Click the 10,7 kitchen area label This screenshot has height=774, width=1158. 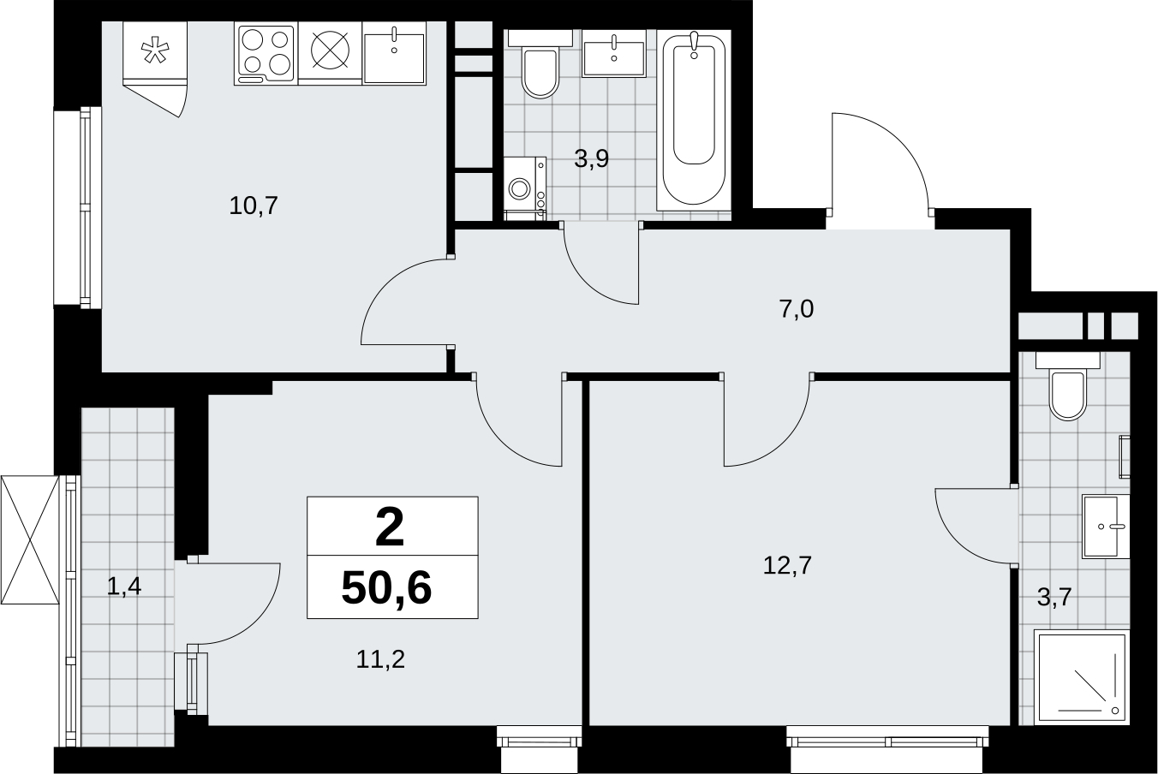[254, 205]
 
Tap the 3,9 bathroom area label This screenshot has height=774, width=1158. [591, 158]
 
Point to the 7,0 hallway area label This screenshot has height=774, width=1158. [797, 309]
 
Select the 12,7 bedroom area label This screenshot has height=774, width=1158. [787, 565]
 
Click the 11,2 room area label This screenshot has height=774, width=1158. [380, 659]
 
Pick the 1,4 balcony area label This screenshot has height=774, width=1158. [124, 586]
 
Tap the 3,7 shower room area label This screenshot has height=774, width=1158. [1054, 598]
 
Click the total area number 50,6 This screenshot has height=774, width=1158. [386, 588]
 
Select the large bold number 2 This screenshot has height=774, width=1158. [389, 527]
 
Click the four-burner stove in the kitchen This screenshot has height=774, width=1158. [266, 54]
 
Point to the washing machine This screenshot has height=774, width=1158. [525, 188]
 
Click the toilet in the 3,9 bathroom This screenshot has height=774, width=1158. [540, 64]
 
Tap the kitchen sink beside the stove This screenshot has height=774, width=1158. [394, 54]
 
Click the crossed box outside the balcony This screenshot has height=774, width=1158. [30, 539]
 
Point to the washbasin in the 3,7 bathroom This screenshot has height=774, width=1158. [1106, 526]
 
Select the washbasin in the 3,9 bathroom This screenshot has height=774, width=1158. [613, 54]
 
